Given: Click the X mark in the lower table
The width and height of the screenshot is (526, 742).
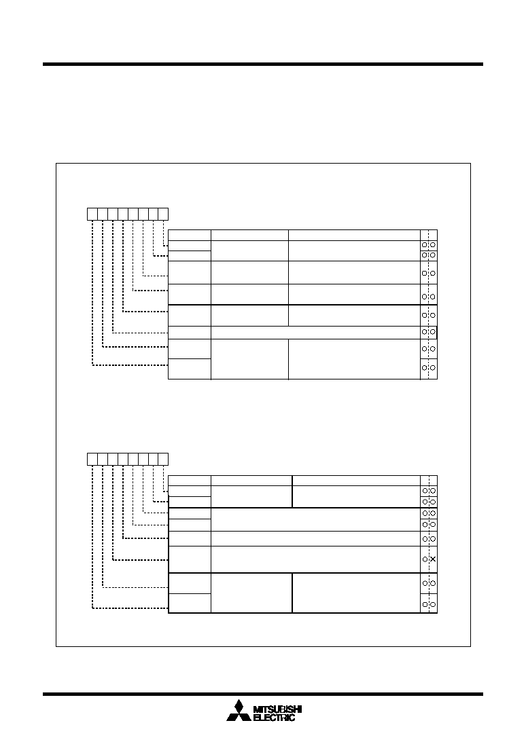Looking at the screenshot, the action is tap(433, 559).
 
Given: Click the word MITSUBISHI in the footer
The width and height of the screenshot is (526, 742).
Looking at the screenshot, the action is tap(278, 709).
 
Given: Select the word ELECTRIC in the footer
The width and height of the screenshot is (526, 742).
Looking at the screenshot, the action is tap(275, 718).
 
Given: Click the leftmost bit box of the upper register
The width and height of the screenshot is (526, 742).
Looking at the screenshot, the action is tap(92, 214).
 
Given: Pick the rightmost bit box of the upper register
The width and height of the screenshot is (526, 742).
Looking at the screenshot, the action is tap(163, 214).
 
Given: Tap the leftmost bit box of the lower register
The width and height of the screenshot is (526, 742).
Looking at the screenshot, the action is tap(92, 459).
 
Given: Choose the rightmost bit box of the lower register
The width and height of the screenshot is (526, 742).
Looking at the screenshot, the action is tap(163, 459).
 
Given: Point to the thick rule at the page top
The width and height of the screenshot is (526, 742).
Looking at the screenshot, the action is tap(263, 64).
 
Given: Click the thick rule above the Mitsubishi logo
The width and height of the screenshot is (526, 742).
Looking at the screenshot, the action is tap(263, 694).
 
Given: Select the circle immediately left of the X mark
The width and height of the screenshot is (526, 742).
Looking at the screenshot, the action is tap(425, 559).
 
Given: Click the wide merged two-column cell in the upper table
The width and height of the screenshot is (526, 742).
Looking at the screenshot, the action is tap(315, 332).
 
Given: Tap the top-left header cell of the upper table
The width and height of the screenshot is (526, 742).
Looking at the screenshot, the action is tap(190, 235).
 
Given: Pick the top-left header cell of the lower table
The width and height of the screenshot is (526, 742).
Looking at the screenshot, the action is tap(190, 481).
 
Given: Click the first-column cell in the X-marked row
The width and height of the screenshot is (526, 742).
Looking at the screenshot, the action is tap(190, 559).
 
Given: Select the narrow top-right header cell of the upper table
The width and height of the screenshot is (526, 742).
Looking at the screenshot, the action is tap(429, 235).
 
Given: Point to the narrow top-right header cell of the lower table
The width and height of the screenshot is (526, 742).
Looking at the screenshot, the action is tap(429, 481).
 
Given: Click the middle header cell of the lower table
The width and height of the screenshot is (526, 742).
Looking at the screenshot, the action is tap(251, 481).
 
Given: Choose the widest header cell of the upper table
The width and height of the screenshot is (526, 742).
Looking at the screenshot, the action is tap(355, 235).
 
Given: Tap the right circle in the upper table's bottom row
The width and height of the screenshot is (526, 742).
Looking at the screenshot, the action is tap(433, 368).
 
